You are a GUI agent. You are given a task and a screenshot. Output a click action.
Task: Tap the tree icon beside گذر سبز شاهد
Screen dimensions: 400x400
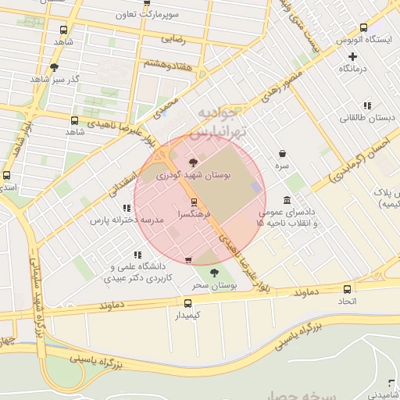(x=53, y=67)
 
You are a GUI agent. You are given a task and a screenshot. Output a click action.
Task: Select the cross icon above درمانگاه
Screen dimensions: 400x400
(x=353, y=55)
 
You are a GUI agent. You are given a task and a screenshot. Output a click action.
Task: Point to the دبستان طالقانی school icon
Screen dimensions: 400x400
(x=366, y=105)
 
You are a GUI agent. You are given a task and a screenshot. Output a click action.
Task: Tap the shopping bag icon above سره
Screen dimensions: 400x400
(x=281, y=153)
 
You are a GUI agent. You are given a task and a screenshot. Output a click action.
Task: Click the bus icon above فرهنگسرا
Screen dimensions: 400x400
(x=194, y=202)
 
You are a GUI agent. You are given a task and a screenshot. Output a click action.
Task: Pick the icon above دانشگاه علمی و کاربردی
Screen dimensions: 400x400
(x=137, y=255)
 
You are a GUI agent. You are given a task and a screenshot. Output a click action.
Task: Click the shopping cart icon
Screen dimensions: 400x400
(x=187, y=259)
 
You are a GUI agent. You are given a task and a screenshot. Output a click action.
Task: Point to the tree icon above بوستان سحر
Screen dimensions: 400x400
(x=214, y=273)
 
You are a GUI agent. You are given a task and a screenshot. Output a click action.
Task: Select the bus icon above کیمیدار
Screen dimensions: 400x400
(x=187, y=303)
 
